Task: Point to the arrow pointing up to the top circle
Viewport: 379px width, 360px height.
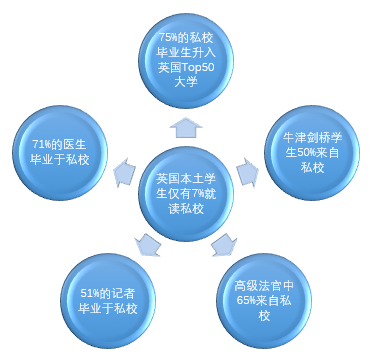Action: point(189,124)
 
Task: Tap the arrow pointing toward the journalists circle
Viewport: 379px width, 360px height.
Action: point(148,243)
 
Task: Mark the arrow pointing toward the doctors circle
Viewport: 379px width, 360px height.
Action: point(125,171)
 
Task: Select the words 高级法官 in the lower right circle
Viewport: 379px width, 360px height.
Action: point(254,286)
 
